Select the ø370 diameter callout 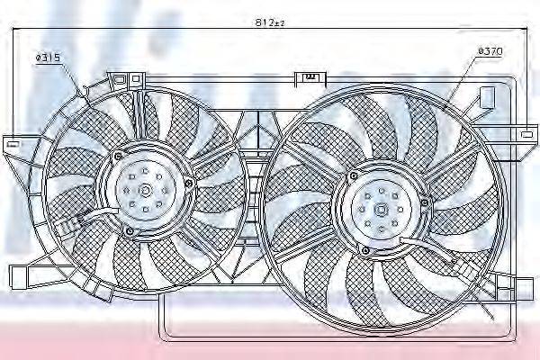pos(490,51)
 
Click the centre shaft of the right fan pos(379,211)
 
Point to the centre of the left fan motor pos(147,191)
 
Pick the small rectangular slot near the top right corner pos(486,95)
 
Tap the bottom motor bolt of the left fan pos(130,230)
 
